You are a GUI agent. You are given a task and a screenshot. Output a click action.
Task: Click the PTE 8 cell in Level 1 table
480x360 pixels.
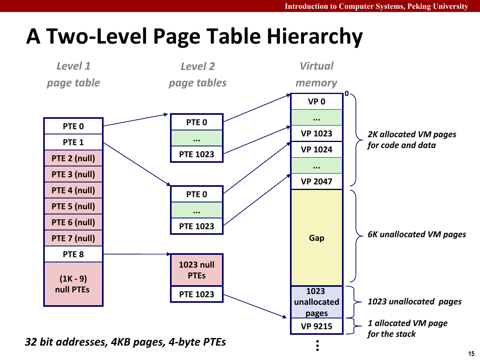point(73,254)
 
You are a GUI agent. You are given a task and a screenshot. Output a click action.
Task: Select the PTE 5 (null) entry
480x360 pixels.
point(73,206)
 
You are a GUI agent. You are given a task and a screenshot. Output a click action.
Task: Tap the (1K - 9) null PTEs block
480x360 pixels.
point(73,284)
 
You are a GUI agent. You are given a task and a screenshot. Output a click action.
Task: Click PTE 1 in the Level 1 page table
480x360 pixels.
point(73,142)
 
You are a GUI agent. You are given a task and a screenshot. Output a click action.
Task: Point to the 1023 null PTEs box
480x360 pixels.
point(196,270)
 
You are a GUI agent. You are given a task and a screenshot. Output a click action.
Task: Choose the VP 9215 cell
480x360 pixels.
point(316,326)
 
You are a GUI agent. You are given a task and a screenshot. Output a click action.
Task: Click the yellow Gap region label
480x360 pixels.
point(316,238)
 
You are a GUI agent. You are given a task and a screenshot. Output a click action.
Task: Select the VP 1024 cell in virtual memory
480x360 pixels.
point(316,150)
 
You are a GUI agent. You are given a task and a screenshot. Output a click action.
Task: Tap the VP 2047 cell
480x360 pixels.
point(316,182)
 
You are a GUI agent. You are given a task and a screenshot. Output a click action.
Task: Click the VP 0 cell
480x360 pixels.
point(316,102)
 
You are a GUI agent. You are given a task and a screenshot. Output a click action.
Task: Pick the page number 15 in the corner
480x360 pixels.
point(471,354)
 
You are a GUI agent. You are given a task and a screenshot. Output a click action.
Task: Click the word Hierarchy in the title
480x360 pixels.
point(314,37)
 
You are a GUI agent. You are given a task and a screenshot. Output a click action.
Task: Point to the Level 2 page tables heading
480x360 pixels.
point(198,74)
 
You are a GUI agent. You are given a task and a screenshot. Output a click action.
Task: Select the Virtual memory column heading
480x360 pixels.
point(316,74)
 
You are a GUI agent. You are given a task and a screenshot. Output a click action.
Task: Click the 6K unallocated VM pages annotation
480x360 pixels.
point(416,234)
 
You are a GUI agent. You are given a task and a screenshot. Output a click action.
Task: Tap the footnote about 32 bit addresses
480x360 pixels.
point(125,342)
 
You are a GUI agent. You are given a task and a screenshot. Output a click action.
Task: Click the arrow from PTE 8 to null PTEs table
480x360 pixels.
point(136,254)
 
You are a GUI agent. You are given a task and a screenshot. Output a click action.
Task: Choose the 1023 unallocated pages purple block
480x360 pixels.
point(316,302)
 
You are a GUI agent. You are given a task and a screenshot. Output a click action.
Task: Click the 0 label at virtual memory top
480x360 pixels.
point(347,94)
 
